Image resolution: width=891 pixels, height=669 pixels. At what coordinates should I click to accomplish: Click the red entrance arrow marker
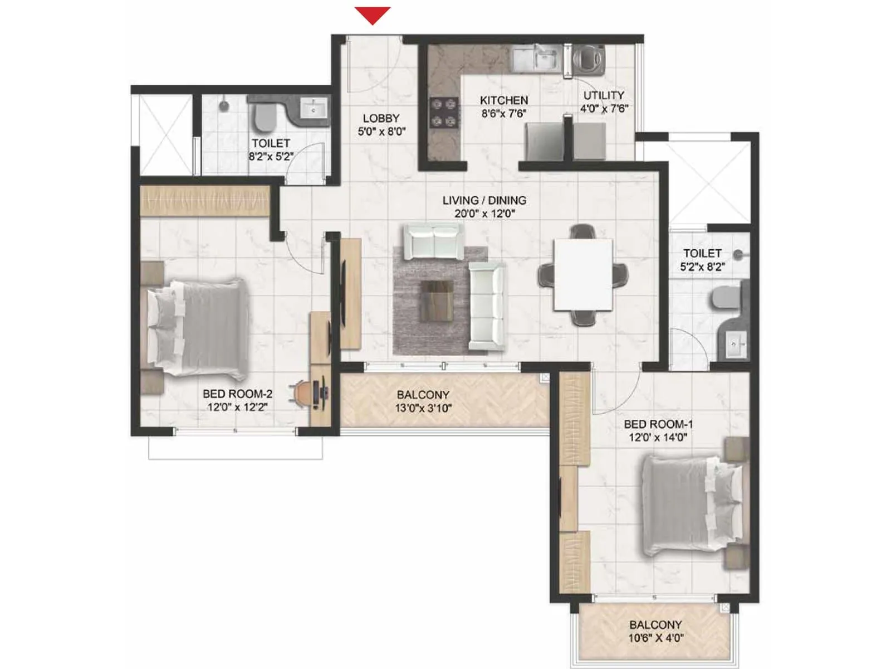click(373, 15)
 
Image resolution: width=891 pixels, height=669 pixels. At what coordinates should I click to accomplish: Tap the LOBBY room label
click(381, 118)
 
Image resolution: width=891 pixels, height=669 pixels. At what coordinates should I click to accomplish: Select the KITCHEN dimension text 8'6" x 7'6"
click(503, 114)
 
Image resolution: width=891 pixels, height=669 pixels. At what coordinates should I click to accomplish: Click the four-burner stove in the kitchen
click(444, 113)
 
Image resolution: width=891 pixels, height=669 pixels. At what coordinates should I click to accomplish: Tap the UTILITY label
click(604, 95)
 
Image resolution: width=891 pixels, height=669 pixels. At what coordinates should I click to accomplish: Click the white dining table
click(582, 274)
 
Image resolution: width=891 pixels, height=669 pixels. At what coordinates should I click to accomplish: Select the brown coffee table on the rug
click(436, 301)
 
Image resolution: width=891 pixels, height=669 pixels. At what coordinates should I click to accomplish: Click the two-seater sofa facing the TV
click(433, 241)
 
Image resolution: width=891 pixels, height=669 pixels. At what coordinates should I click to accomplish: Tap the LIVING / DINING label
click(484, 200)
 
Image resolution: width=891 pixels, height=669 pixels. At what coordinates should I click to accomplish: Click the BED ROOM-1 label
click(658, 424)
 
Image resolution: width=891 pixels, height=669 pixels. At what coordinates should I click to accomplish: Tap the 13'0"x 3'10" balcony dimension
click(423, 408)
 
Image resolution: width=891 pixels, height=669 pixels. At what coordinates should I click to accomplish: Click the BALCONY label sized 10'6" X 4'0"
click(655, 625)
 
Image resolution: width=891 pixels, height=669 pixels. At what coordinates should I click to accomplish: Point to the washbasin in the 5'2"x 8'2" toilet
click(734, 345)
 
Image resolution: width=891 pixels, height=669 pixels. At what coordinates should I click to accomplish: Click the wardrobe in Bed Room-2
click(204, 201)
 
